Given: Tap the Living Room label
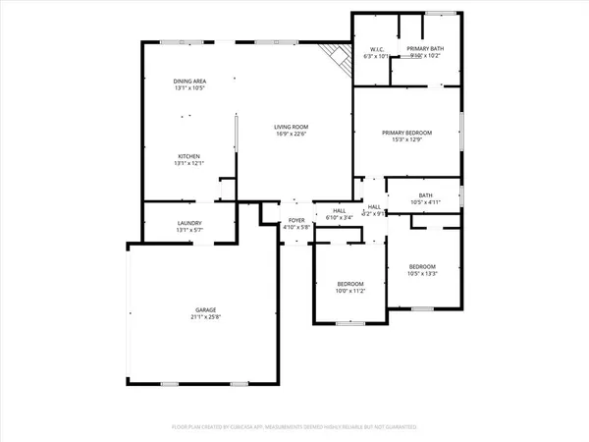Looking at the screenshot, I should (x=292, y=127).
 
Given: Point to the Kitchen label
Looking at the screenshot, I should (x=189, y=156).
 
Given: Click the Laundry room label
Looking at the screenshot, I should (x=189, y=223).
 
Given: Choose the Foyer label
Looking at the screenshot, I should (x=296, y=220).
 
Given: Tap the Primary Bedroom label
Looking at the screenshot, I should (x=406, y=132).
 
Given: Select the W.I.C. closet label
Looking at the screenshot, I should (x=376, y=48).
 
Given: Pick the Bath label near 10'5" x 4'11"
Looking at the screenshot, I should (x=425, y=194).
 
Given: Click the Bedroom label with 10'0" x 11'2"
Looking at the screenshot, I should (x=351, y=283).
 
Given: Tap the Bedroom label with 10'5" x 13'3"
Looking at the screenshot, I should (x=422, y=267).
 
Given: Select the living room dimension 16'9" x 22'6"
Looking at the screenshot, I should (x=292, y=135).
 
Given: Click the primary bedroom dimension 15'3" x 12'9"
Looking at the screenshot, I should (x=406, y=139).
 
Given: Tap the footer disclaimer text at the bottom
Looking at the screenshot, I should (x=294, y=427).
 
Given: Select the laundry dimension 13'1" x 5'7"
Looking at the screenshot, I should (x=189, y=231).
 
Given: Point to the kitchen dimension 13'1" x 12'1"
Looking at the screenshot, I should (x=189, y=164).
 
